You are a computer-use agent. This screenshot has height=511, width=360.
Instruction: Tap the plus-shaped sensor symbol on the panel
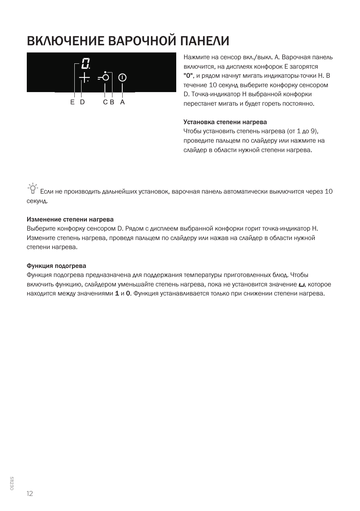(x=84, y=78)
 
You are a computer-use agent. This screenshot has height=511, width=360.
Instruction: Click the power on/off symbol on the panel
(x=122, y=78)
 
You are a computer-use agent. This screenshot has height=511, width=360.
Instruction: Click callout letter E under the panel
(x=72, y=102)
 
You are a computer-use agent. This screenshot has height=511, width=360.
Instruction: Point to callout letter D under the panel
(x=82, y=102)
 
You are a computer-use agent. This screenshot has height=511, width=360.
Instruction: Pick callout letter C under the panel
(x=105, y=102)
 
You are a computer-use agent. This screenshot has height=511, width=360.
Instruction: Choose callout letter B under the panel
(x=112, y=102)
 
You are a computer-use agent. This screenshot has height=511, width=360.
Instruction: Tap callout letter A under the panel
(x=122, y=102)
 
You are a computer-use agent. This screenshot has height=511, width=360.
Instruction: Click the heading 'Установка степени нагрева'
(x=225, y=122)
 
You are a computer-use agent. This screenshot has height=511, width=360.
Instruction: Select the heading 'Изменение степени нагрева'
(x=70, y=220)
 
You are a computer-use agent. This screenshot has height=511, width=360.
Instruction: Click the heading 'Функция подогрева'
(x=56, y=266)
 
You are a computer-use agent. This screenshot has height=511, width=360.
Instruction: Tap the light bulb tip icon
(x=33, y=188)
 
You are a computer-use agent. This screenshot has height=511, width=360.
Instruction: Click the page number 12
(x=30, y=494)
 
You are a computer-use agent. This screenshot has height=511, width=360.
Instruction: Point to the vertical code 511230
(x=12, y=483)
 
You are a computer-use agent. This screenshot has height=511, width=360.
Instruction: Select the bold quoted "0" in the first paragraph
(x=188, y=76)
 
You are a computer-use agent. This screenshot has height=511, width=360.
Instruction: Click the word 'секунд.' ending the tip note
(x=37, y=201)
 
